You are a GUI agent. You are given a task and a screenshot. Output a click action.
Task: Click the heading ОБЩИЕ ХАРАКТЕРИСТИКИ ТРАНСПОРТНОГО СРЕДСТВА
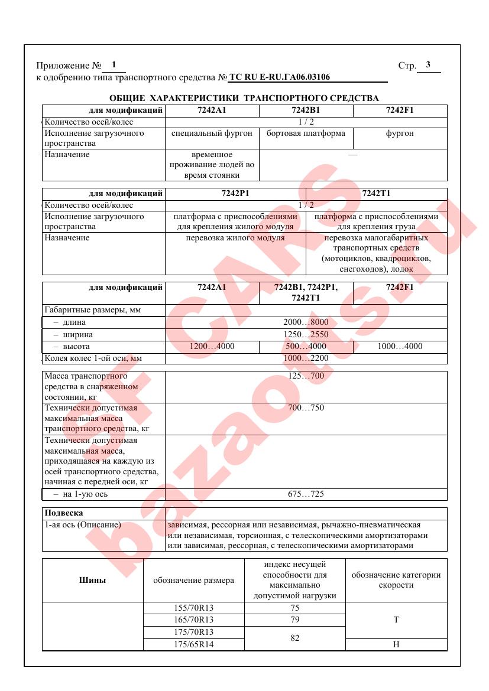pyautogui.click(x=244, y=98)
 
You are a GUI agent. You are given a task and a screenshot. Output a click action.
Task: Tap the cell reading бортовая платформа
pyautogui.click(x=306, y=133)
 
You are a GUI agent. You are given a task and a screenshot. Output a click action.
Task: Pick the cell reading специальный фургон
pyautogui.click(x=212, y=133)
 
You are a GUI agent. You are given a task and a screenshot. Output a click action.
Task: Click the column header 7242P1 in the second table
pyautogui.click(x=235, y=194)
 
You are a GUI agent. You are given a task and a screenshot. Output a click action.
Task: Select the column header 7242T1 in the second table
pyautogui.click(x=376, y=194)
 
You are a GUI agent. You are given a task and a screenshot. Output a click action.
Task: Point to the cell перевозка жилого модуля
pyautogui.click(x=235, y=237)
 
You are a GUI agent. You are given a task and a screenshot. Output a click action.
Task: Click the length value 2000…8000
pyautogui.click(x=306, y=322)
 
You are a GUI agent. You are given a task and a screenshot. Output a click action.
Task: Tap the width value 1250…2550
pyautogui.click(x=306, y=334)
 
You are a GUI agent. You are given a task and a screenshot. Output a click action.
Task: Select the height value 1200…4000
pyautogui.click(x=212, y=347)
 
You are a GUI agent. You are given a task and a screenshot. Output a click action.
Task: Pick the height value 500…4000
pyautogui.click(x=306, y=347)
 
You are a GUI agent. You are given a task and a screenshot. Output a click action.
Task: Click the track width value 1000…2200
pyautogui.click(x=306, y=358)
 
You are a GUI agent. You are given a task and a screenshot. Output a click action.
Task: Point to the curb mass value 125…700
pyautogui.click(x=306, y=376)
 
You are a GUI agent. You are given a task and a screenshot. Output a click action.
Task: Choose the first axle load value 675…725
pyautogui.click(x=306, y=494)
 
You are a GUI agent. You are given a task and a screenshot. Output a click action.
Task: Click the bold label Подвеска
pyautogui.click(x=64, y=513)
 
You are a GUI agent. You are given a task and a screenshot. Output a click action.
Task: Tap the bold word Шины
pyautogui.click(x=92, y=581)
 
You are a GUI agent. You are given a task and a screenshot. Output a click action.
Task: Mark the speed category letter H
pyautogui.click(x=396, y=644)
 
